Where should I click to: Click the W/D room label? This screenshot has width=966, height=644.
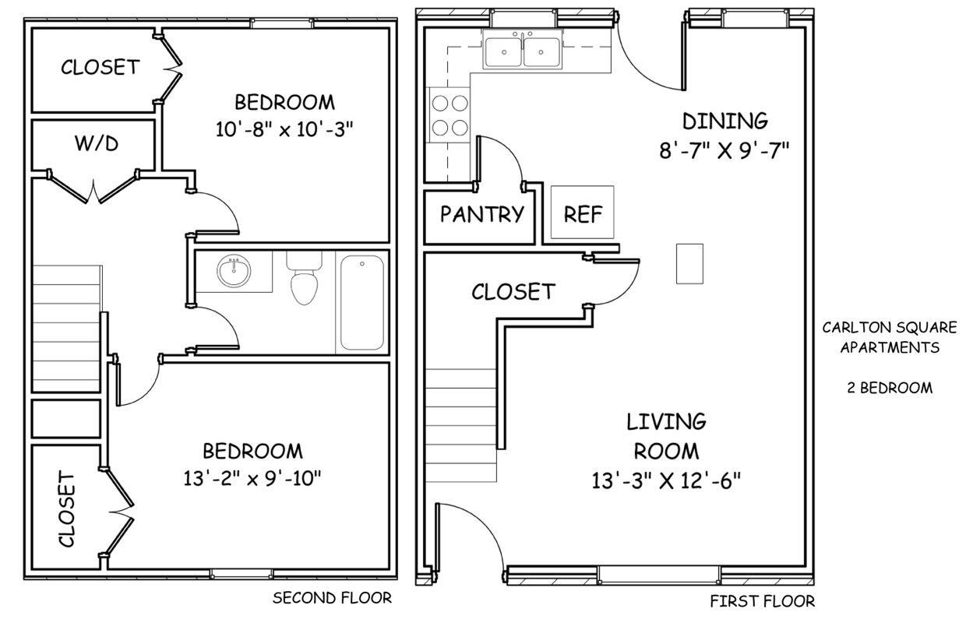(x=97, y=143)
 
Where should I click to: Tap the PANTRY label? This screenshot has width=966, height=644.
(x=481, y=214)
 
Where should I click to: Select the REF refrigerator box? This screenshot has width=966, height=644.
(x=582, y=212)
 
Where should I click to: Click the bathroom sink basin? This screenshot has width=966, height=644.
(x=234, y=271)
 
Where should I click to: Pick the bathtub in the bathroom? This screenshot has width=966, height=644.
(x=361, y=303)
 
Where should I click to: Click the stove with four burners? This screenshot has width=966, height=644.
(x=450, y=115)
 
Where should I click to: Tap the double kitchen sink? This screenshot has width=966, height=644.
(x=522, y=51)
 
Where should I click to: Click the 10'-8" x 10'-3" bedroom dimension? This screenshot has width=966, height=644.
(x=284, y=129)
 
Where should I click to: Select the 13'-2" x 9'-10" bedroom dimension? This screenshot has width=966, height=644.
(x=252, y=478)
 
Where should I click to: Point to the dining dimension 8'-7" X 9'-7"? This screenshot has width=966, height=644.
(x=724, y=151)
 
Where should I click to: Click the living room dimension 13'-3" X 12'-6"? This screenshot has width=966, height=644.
(x=666, y=480)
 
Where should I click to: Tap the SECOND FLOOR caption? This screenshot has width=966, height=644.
(x=332, y=598)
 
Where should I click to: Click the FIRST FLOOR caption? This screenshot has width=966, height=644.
(x=763, y=601)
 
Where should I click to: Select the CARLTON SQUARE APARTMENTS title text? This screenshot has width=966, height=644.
(x=890, y=337)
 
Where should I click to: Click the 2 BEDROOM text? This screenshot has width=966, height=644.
(x=890, y=388)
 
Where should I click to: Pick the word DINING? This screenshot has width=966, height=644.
(x=725, y=121)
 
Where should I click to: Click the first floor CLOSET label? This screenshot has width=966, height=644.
(x=513, y=292)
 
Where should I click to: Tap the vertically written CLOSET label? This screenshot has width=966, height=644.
(x=67, y=509)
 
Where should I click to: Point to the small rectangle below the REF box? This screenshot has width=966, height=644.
(x=689, y=264)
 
